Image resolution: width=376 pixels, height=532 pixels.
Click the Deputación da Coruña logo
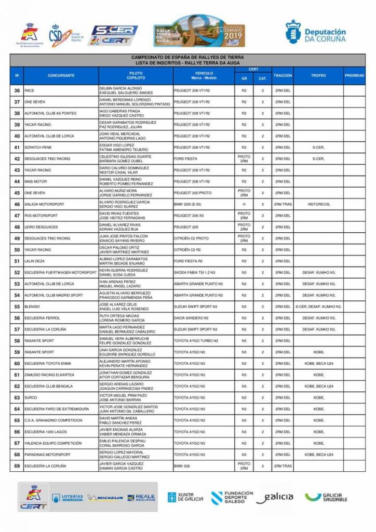(x=315, y=32)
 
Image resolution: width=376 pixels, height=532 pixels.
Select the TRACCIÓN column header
(x=283, y=75)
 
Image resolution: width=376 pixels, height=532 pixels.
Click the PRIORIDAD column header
(x=354, y=75)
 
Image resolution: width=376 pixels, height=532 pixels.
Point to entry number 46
(x=17, y=204)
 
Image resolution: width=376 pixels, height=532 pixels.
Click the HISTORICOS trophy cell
(x=318, y=204)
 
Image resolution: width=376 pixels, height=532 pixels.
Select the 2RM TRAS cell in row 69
(x=283, y=466)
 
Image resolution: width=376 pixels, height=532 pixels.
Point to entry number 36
(x=17, y=90)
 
